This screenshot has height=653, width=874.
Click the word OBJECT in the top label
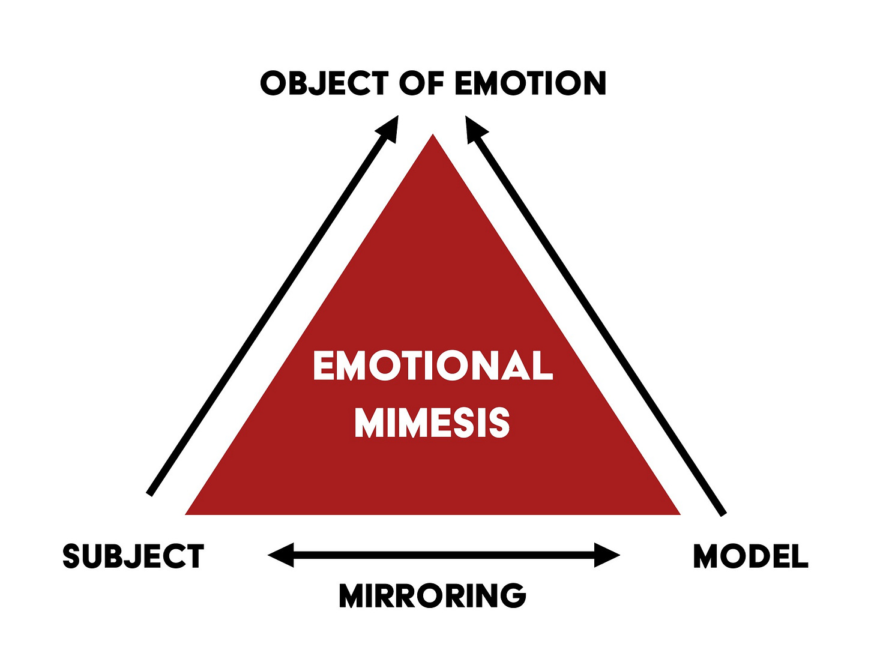coord(324,83)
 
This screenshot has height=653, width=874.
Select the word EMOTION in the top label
coord(530,83)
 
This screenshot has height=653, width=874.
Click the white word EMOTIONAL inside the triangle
coord(433,366)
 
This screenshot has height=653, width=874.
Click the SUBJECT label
coord(133,556)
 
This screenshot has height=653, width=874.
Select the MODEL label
coord(750,556)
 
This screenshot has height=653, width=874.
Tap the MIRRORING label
coord(432,595)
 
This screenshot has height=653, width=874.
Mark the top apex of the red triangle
coord(433,136)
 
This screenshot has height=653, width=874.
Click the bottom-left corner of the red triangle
coord(187,514)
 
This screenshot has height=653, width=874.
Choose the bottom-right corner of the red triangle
coord(678,514)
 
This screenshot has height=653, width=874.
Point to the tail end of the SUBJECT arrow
coord(149,493)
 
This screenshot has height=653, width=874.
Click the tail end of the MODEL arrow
coord(723,514)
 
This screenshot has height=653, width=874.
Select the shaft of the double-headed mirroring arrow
coord(444,555)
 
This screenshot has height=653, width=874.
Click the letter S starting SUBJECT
coord(71,556)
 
